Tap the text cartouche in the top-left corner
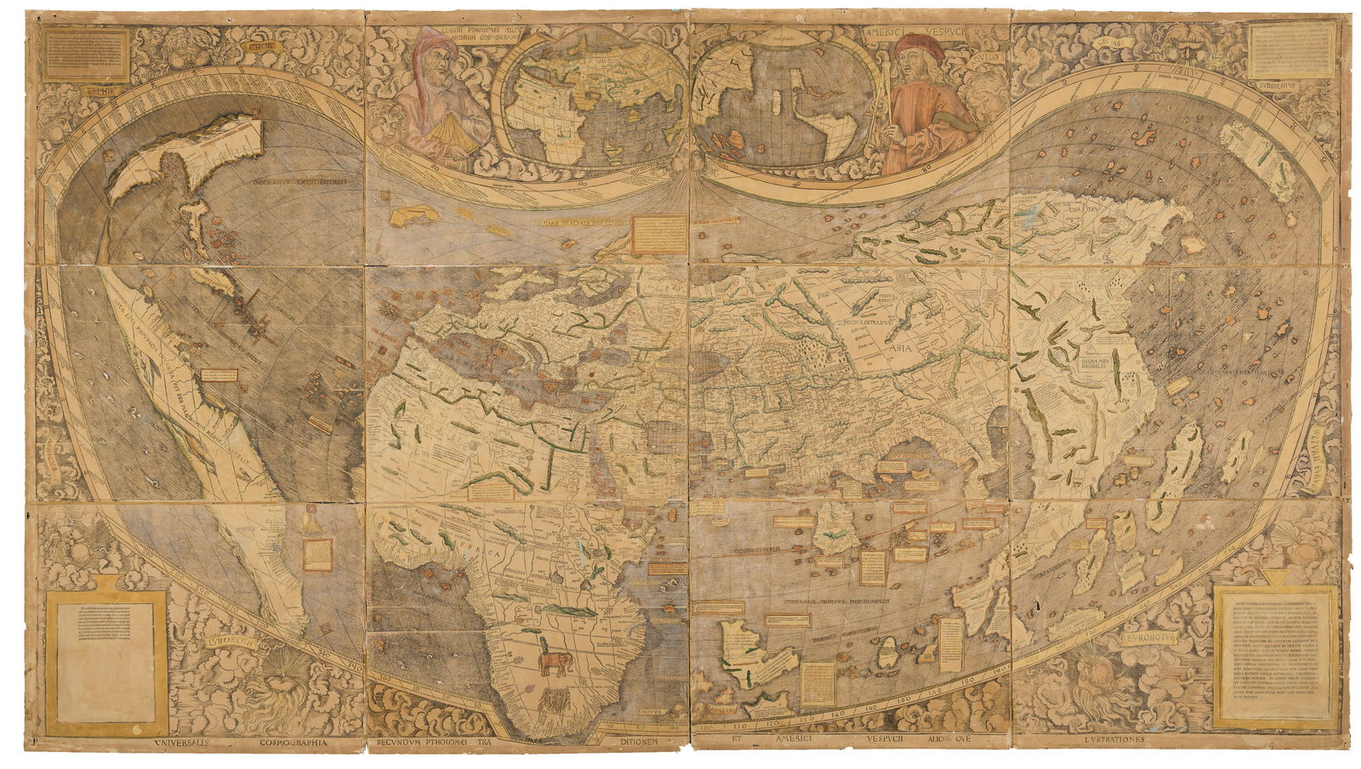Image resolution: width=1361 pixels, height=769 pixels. click(x=86, y=53)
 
